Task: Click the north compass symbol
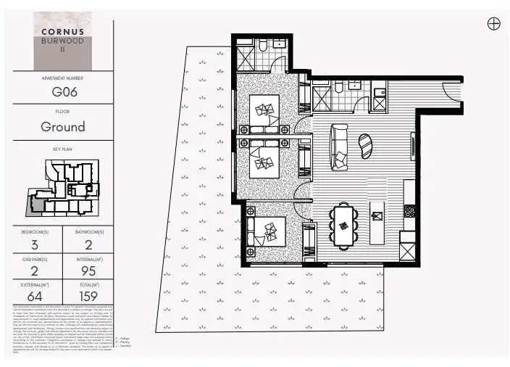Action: [x=493, y=23]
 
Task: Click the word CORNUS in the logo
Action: [x=64, y=31]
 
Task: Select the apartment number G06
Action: [x=64, y=92]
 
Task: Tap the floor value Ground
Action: [x=64, y=127]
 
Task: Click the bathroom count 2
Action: [x=90, y=245]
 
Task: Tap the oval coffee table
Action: [x=366, y=144]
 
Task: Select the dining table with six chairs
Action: [x=344, y=225]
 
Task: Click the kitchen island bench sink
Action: [x=376, y=215]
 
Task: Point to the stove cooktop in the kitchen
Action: [x=409, y=213]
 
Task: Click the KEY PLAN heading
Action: [x=64, y=149]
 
